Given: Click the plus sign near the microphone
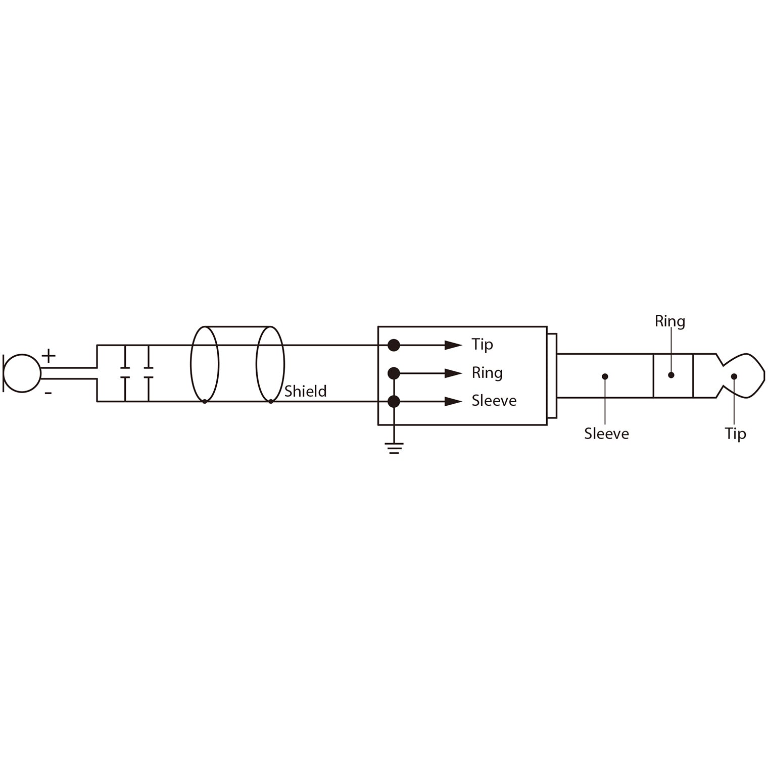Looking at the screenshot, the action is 49,356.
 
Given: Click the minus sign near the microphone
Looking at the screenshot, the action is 49,393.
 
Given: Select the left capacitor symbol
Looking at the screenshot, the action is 125,373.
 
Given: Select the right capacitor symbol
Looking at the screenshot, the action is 148,373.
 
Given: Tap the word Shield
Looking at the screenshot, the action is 305,391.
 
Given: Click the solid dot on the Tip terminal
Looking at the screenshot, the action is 394,345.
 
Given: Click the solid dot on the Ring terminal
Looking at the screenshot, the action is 394,373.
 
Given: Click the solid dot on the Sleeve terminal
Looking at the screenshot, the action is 394,402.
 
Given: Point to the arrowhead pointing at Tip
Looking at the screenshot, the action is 453,345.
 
